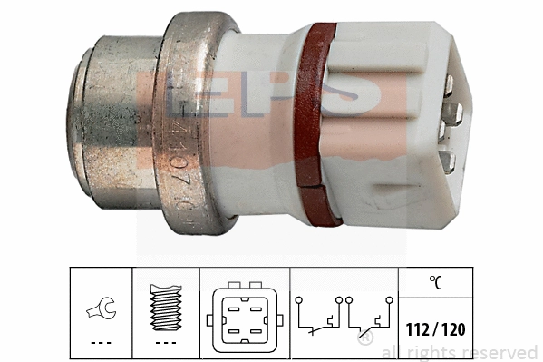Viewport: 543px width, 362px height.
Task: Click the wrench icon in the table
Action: [101, 309]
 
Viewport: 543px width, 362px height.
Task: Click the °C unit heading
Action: [440, 284]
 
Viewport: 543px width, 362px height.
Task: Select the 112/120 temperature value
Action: [441, 328]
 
